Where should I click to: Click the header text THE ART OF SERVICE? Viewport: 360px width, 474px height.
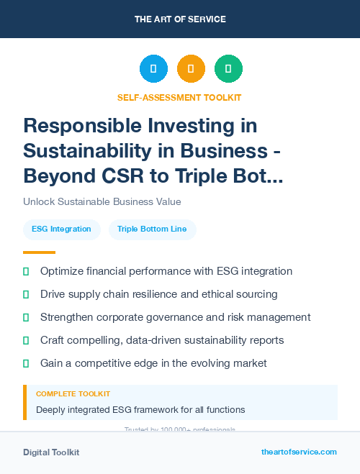(x=180, y=19)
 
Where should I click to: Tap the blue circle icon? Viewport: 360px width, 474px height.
(x=153, y=69)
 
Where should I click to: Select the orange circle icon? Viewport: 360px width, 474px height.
(x=191, y=69)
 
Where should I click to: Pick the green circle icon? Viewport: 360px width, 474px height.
(x=228, y=69)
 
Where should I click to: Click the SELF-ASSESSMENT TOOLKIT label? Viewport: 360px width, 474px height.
(x=179, y=97)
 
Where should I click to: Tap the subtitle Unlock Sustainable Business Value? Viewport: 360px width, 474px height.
(x=102, y=201)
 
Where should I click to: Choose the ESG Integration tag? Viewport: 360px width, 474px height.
(x=61, y=229)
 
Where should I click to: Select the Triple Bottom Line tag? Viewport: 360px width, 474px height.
(x=152, y=229)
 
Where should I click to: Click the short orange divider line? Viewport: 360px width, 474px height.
(x=39, y=252)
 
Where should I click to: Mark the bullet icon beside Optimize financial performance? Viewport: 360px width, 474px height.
(x=26, y=271)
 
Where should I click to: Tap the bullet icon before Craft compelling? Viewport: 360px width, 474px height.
(x=26, y=340)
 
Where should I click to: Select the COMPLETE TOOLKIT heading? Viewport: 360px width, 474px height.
(x=73, y=394)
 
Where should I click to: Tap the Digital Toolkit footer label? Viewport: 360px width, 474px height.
(x=51, y=452)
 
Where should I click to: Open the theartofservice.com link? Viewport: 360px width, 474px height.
(x=299, y=452)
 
